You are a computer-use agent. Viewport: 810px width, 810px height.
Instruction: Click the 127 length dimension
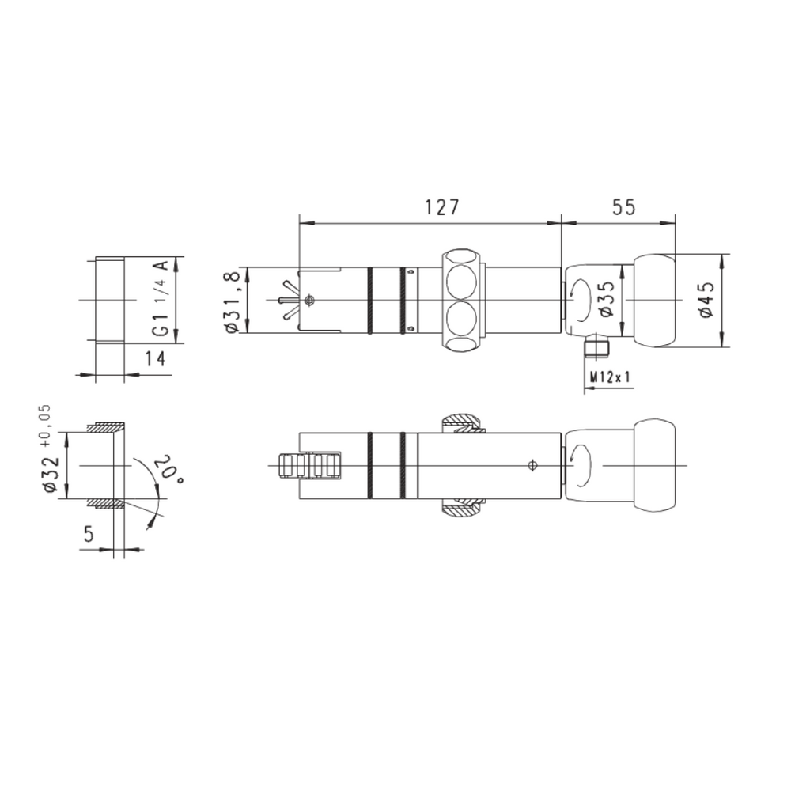(441, 207)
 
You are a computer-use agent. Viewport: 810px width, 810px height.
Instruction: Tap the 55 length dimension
(624, 207)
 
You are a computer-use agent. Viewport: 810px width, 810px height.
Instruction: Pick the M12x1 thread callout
(610, 377)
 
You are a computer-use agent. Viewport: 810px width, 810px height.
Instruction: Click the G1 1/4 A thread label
(161, 298)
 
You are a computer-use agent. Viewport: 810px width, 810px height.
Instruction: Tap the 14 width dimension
(154, 358)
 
